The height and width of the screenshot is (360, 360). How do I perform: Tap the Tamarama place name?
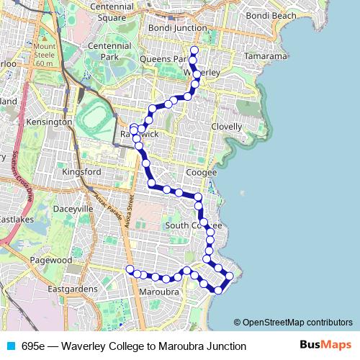265,56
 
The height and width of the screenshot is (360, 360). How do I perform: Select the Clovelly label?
227,126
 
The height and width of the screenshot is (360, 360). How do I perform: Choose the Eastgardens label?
72,289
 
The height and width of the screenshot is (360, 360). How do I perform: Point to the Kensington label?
48,122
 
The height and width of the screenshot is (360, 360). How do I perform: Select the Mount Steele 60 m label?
44,55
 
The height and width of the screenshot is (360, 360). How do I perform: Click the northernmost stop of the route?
194,50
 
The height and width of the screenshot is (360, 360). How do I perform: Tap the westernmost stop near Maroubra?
130,270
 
